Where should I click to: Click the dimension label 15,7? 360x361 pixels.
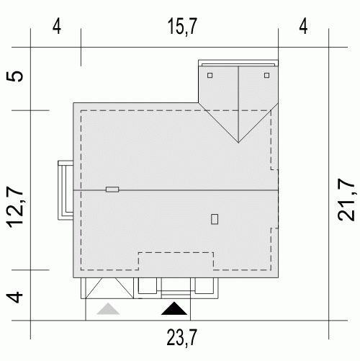182,27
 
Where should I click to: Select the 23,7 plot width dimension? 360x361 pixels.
182,337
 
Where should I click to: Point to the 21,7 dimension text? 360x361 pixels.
346,200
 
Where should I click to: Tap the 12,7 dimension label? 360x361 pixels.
15,207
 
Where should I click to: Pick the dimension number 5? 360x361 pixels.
15,76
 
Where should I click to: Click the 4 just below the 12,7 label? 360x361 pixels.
14,298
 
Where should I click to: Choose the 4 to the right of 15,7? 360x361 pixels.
303,27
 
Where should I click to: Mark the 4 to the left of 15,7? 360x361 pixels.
57,27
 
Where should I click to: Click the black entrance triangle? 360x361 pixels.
174,308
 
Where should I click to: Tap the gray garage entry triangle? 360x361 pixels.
108,308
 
